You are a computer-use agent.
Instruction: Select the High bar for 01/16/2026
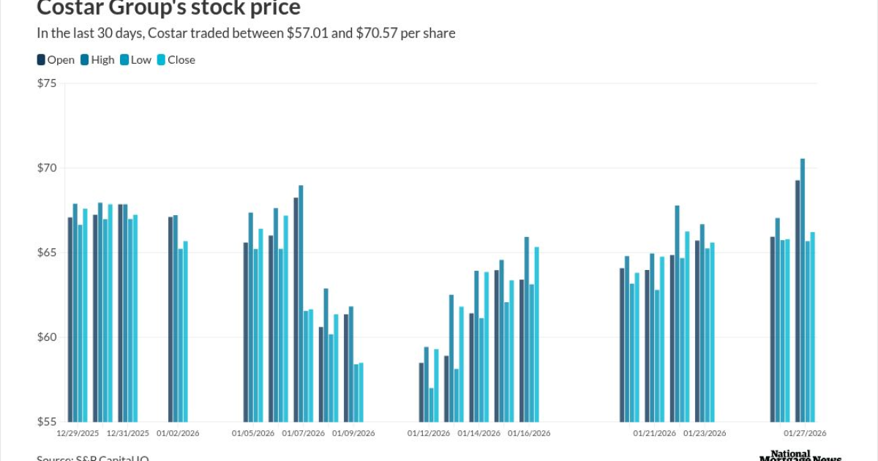527,329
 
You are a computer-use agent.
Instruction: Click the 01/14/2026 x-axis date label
479,433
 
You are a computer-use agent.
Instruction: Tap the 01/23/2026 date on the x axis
705,433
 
